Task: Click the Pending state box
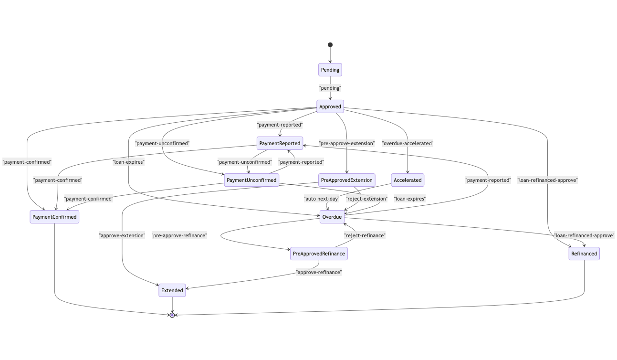[x=330, y=70]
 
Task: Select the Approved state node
[x=330, y=106]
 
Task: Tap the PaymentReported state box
[x=280, y=143]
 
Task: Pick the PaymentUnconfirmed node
[x=251, y=180]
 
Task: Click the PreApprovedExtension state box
[x=347, y=180]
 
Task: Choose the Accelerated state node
[x=407, y=180]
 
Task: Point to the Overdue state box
[x=332, y=217]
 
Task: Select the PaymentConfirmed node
[x=54, y=217]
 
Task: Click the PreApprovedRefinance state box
[x=319, y=254]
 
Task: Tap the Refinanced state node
[x=584, y=254]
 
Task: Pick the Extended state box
[x=172, y=290]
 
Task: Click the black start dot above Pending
[x=330, y=45]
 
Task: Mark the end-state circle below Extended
[x=172, y=315]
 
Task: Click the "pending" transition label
[x=330, y=88]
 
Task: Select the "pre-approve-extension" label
[x=347, y=143]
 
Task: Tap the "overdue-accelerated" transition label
[x=408, y=143]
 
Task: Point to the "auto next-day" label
[x=321, y=199]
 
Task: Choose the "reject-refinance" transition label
[x=365, y=235]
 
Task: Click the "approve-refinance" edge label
[x=319, y=272]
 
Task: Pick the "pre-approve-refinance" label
[x=179, y=235]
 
